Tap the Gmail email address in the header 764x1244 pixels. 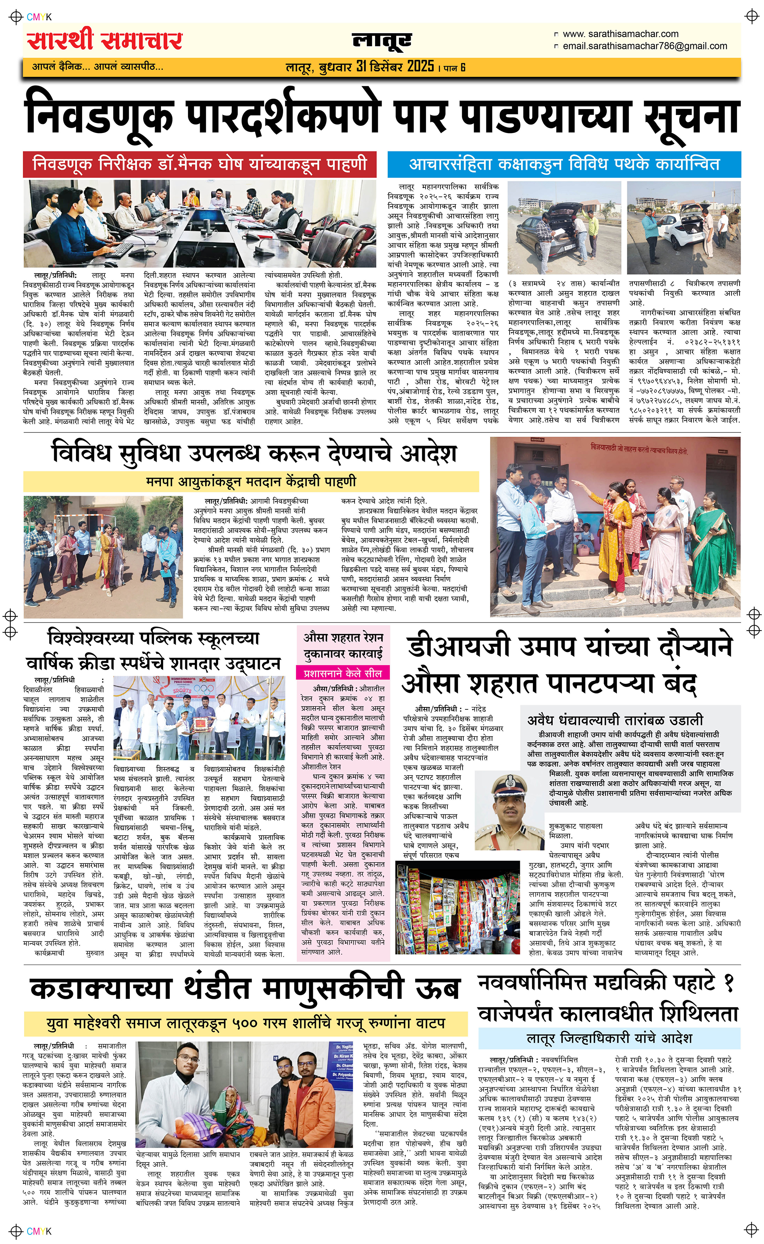tap(645, 46)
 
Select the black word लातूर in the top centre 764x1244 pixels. tap(382, 41)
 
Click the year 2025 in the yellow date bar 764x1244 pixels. tap(421, 66)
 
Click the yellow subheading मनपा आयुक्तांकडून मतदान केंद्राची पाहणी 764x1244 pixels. tap(251, 481)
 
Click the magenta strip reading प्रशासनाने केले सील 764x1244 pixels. tap(343, 673)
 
